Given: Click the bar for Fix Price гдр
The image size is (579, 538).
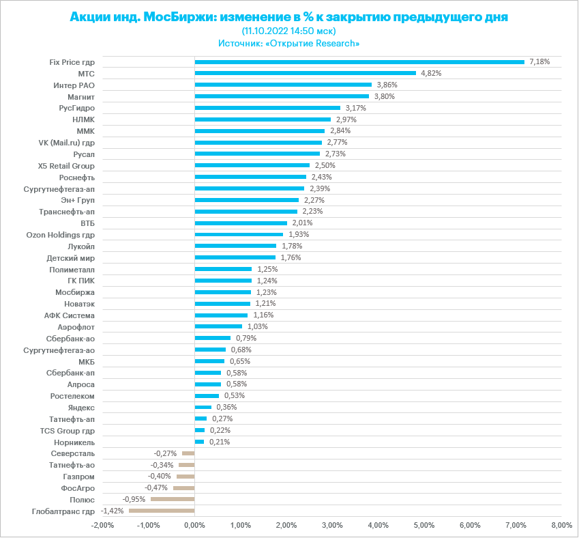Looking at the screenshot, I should pos(359,61).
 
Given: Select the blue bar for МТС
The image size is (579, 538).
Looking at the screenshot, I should pos(305,73).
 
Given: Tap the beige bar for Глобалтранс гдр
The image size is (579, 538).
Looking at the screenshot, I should pos(162,511).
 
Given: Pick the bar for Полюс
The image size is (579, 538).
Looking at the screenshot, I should pos(173,499).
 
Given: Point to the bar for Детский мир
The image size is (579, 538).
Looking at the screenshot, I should pos(235,257).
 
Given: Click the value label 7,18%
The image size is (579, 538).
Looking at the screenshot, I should pos(539,61).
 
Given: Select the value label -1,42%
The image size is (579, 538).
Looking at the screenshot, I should pos(112,511).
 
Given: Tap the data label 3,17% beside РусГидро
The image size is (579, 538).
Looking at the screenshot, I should pos(356,108).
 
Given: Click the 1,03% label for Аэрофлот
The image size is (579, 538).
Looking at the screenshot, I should pos(257,326).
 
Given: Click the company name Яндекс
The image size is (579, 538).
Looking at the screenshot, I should pos(82,407).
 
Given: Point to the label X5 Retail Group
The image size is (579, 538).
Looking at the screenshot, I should pos(67,165).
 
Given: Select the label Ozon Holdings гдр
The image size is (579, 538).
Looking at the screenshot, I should pos(60,234).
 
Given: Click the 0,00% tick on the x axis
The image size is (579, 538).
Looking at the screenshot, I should pos(194,525).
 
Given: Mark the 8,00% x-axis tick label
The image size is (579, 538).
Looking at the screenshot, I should pos(561,525).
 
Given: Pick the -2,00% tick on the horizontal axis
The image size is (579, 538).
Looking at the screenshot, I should pos(102,525).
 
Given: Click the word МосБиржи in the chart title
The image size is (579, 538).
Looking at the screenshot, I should pos(178,17).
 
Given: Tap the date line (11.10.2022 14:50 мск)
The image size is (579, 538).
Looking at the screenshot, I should pos(288,31).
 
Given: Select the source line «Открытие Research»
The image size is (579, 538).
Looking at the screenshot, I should pos(288,43).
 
